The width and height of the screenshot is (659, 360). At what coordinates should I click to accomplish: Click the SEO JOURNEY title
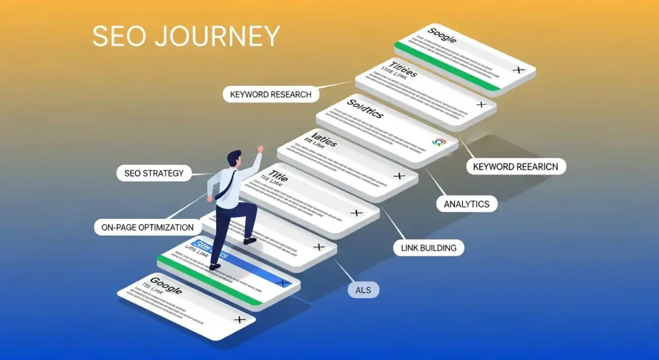pyautogui.click(x=186, y=36)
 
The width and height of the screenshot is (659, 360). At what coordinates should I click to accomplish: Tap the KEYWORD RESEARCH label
pyautogui.click(x=270, y=94)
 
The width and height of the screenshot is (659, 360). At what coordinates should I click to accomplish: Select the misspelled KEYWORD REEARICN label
pyautogui.click(x=515, y=167)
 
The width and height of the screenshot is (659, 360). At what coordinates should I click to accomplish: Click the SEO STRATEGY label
pyautogui.click(x=154, y=173)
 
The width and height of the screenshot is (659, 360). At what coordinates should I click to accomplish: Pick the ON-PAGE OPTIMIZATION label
pyautogui.click(x=147, y=227)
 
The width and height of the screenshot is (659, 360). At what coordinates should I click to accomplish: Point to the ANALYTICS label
pyautogui.click(x=467, y=204)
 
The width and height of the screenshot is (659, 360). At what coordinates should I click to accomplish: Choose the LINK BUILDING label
pyautogui.click(x=429, y=247)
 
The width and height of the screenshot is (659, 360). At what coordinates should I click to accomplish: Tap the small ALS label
pyautogui.click(x=364, y=290)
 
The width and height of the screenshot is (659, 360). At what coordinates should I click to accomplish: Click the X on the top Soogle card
pyautogui.click(x=518, y=69)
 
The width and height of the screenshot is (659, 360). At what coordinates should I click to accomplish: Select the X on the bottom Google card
pyautogui.click(x=239, y=319)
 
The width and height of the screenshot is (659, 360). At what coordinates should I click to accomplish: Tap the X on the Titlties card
pyautogui.click(x=480, y=104)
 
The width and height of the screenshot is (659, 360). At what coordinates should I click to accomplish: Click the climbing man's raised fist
pyautogui.click(x=260, y=149)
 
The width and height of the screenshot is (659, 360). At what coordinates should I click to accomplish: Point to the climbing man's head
pyautogui.click(x=234, y=158)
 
